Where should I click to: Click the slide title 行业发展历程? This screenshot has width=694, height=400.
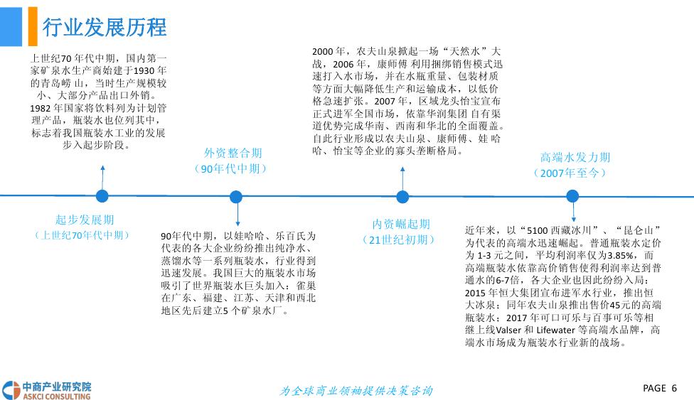pos(105,28)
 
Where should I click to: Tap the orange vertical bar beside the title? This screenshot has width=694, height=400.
pos(33,26)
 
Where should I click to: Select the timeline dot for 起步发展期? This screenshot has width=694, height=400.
pos(102,196)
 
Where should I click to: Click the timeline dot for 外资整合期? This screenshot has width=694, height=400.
pos(236,197)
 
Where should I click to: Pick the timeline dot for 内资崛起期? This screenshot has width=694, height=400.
pos(402,197)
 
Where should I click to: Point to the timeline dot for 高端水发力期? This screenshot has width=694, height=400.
pos(572,196)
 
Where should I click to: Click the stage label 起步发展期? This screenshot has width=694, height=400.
pos(85,220)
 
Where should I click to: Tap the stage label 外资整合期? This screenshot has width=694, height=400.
pos(233,153)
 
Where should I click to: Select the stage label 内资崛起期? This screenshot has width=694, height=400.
pos(401,224)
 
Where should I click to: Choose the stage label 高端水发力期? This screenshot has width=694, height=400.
pos(575,157)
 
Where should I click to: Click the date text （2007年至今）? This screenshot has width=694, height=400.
pos(570,173)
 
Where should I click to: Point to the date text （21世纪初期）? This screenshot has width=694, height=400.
pos(398,240)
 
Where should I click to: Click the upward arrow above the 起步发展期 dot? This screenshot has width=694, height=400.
pos(102,178)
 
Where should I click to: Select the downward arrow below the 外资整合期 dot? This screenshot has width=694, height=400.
pos(237,215)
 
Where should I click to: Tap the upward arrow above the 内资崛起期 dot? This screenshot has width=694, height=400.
pos(402,179)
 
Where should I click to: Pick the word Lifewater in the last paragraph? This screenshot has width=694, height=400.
pos(555,330)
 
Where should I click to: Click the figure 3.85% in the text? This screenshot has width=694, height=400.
pos(621,255)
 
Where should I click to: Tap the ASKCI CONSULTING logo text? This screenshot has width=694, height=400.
pos(57,396)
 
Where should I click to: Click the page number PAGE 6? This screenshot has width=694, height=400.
pos(660,388)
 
